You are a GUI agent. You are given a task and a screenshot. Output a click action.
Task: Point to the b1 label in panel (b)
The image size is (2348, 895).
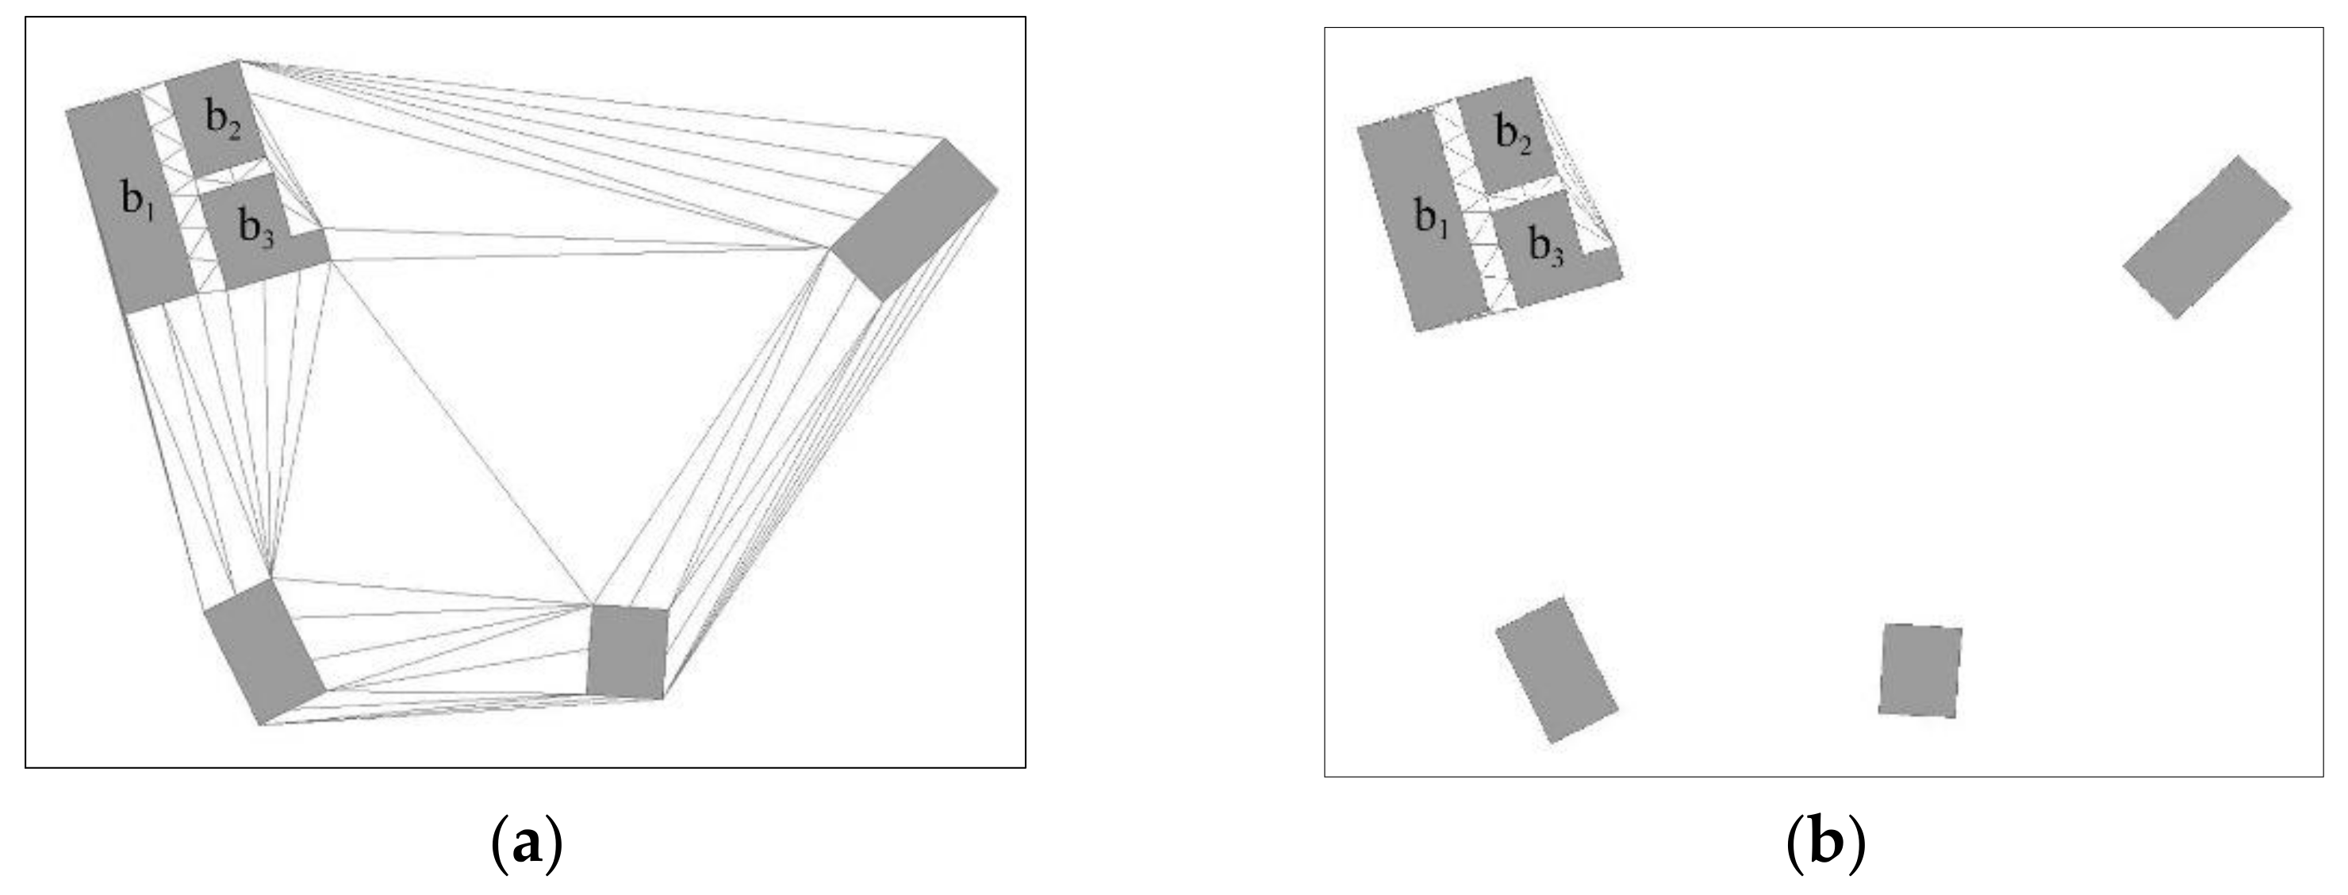(x=1431, y=219)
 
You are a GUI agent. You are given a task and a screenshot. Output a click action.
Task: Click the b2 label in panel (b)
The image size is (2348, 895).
(x=1513, y=136)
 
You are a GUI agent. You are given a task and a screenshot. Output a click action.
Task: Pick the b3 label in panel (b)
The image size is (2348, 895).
(x=1547, y=246)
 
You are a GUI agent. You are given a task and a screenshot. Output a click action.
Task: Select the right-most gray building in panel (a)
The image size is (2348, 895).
(x=915, y=219)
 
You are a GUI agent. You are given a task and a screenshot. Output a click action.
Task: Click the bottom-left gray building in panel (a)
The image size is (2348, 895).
(x=264, y=651)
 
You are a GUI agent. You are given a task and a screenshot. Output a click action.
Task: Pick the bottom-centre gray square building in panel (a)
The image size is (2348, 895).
(x=627, y=651)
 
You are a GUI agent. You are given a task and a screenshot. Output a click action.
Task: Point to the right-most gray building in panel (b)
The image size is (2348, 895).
(x=2206, y=237)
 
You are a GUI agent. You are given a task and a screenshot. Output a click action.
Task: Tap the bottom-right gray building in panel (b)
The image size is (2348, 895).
(x=1920, y=670)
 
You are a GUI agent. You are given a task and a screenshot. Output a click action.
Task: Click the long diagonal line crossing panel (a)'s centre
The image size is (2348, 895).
(x=461, y=433)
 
